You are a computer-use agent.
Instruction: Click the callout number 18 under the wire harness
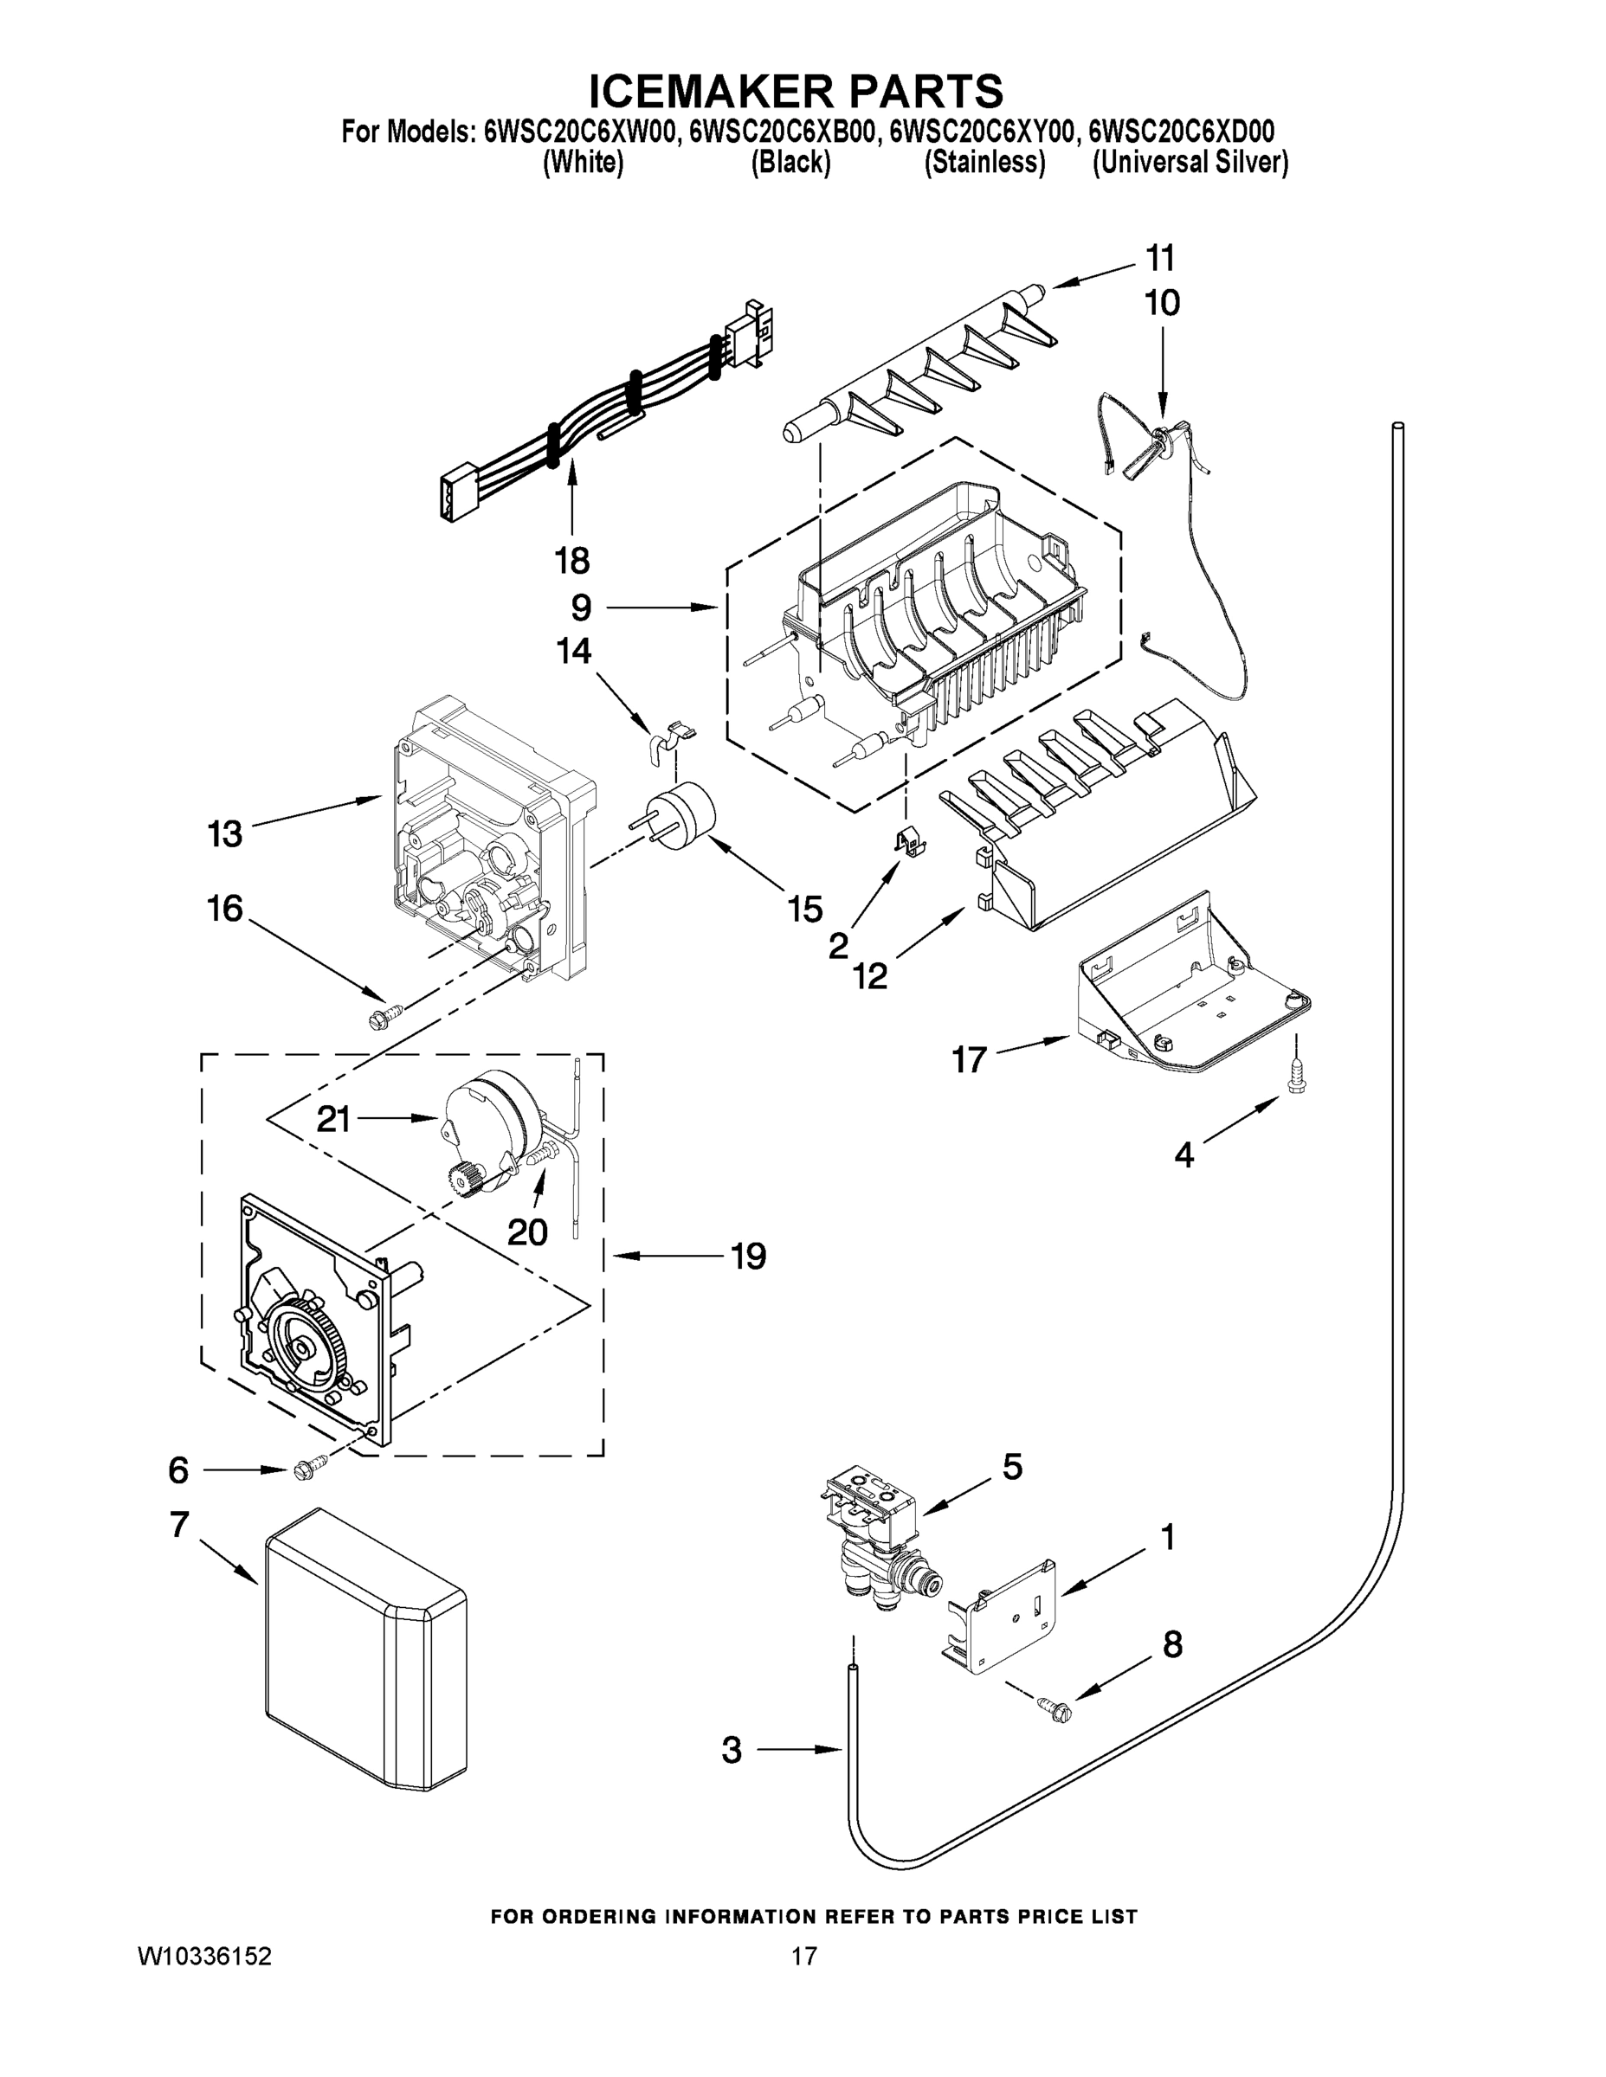click(571, 561)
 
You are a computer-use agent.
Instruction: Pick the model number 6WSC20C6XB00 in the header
click(780, 132)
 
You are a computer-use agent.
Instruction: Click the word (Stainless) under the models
click(984, 164)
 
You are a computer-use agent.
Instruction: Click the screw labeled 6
click(309, 1470)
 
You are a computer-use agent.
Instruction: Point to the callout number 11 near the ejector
click(1160, 258)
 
